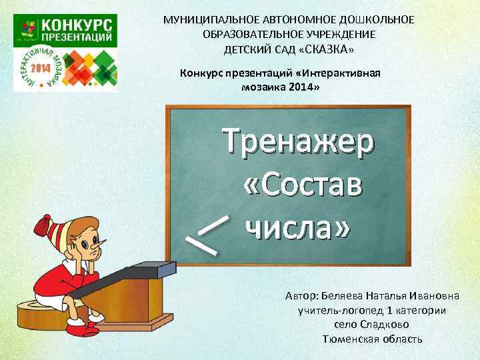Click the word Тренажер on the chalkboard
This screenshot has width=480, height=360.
[299, 144]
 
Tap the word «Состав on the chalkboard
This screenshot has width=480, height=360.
[304, 186]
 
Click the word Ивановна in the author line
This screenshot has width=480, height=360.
[440, 295]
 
